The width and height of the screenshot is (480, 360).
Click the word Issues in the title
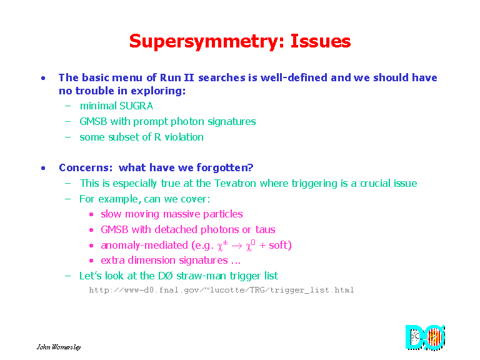click(321, 41)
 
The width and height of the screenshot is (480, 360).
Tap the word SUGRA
click(136, 106)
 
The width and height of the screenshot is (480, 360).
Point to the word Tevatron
click(235, 183)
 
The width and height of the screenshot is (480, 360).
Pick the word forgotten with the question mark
click(225, 167)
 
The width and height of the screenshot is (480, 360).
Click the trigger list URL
click(221, 290)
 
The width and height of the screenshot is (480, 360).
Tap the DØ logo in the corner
click(425, 337)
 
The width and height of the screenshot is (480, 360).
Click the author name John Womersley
click(59, 347)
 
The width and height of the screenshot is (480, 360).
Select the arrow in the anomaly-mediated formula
click(237, 246)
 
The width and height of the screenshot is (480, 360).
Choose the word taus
click(265, 229)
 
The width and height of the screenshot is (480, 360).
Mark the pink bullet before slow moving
click(91, 214)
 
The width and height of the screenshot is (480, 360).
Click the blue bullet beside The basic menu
click(43, 78)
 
